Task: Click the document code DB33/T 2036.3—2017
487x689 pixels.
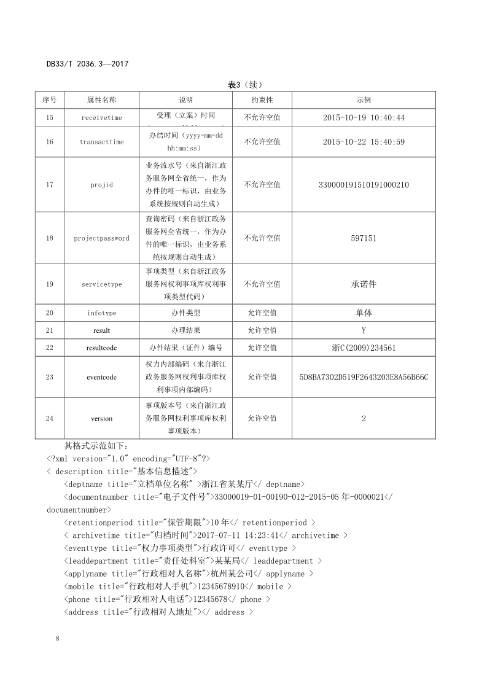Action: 87,64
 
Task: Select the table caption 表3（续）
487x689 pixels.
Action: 244,85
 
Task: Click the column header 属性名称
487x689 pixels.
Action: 101,100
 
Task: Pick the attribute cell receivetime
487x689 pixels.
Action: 101,117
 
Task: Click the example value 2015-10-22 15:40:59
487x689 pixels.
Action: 364,142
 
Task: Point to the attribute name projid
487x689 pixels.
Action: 101,185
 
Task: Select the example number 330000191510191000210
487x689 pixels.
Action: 364,185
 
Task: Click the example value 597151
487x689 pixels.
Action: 364,238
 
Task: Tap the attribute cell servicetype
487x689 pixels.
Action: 101,284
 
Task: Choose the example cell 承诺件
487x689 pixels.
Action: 364,284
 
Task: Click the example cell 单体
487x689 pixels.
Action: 364,313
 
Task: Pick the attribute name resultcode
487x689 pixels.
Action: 101,348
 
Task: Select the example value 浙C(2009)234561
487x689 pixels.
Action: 364,348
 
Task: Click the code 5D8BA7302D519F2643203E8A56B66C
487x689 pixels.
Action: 364,377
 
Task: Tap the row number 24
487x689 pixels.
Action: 50,418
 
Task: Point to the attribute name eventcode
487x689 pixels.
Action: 101,377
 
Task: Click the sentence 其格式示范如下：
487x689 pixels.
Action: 97,446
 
